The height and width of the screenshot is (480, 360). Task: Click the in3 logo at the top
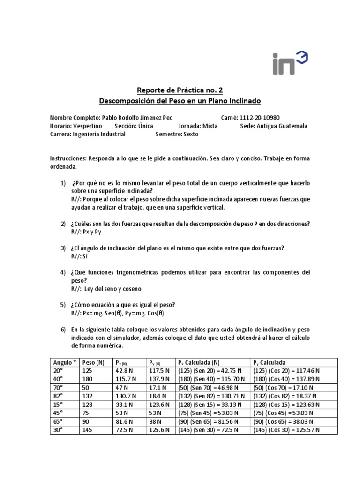tap(291, 63)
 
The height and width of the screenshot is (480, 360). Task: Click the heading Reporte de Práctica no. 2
tap(180, 90)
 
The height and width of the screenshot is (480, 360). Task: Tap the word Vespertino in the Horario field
tap(89, 126)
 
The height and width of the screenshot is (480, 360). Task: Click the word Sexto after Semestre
tap(190, 134)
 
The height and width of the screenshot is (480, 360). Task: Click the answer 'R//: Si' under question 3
tap(79, 256)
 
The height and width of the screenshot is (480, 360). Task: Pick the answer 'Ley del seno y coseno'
tap(112, 289)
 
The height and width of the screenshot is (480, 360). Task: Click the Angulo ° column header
tap(64, 362)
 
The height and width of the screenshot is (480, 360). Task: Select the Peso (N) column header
tap(93, 362)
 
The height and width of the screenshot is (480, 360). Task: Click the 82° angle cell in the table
tap(59, 396)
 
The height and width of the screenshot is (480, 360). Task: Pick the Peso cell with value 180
tap(88, 379)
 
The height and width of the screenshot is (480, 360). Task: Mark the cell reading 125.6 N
tap(157, 430)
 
